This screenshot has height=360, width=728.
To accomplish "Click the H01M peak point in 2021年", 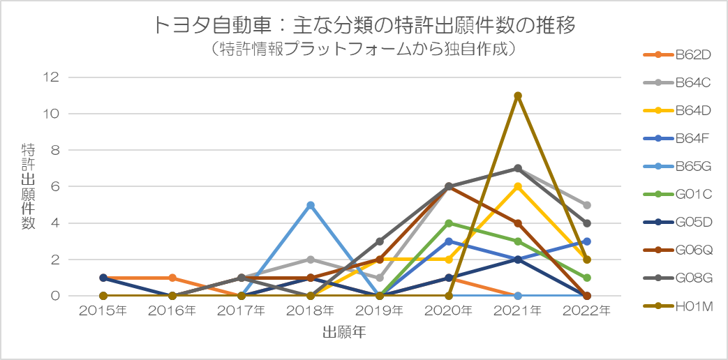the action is [518, 96].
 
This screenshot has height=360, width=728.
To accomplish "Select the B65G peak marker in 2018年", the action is [310, 205].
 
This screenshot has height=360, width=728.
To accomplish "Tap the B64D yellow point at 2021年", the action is [518, 186].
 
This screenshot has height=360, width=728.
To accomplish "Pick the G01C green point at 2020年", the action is [449, 223].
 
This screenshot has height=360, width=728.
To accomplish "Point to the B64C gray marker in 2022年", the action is [587, 205].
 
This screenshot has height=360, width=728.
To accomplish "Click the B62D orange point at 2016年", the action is [172, 278].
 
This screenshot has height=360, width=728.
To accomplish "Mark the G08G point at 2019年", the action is [379, 241].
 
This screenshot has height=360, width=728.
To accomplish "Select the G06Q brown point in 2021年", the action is [518, 223].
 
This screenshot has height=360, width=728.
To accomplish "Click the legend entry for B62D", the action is [677, 54].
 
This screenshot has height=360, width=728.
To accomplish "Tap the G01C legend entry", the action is [677, 194].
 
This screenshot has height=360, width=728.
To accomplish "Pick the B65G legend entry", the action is [677, 166].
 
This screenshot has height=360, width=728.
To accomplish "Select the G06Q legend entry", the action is [677, 250].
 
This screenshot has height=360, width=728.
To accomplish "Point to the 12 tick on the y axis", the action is [53, 77].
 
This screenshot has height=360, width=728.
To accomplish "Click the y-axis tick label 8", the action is [56, 150].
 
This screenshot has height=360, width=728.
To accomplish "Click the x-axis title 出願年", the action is [345, 333].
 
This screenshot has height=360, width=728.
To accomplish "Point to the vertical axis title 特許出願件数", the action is [28, 186].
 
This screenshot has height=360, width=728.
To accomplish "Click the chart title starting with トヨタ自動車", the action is [364, 26].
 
